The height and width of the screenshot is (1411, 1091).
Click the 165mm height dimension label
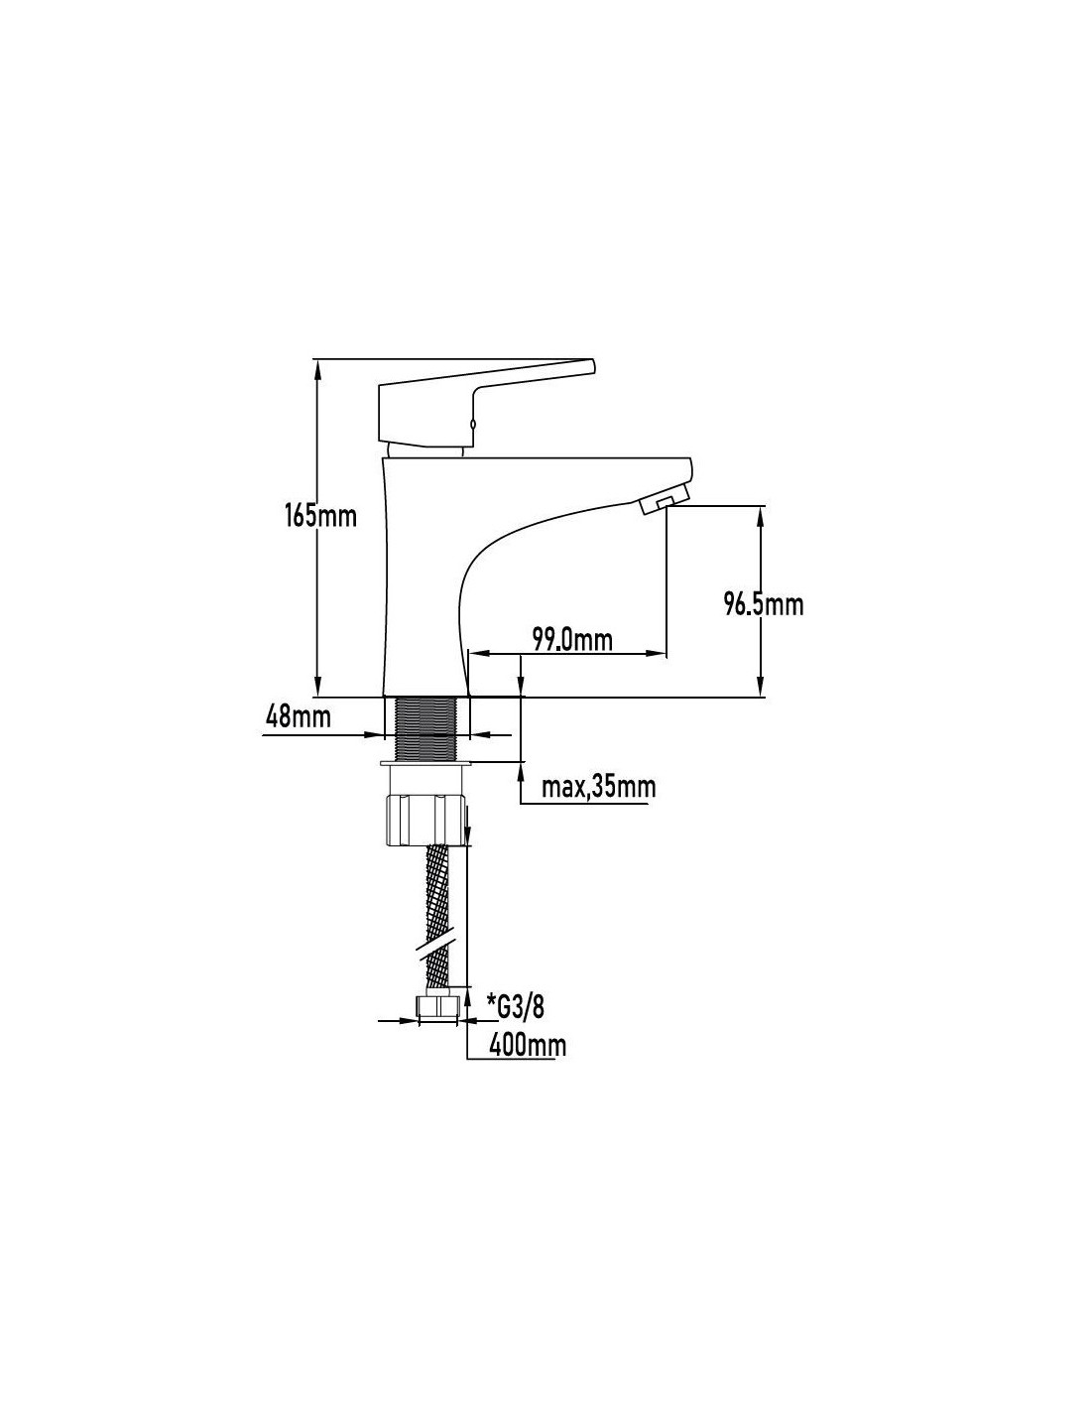pyautogui.click(x=320, y=516)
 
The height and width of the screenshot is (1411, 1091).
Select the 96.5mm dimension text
pyautogui.click(x=764, y=604)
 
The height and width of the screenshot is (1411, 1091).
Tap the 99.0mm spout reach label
pyautogui.click(x=572, y=640)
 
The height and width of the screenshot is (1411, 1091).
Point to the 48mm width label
pyautogui.click(x=298, y=716)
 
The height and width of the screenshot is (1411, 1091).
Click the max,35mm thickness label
pyautogui.click(x=598, y=788)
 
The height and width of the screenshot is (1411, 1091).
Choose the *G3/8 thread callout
pyautogui.click(x=516, y=1007)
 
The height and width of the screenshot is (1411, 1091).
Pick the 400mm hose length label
pyautogui.click(x=528, y=1046)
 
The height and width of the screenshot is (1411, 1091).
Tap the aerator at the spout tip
pyautogui.click(x=664, y=503)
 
